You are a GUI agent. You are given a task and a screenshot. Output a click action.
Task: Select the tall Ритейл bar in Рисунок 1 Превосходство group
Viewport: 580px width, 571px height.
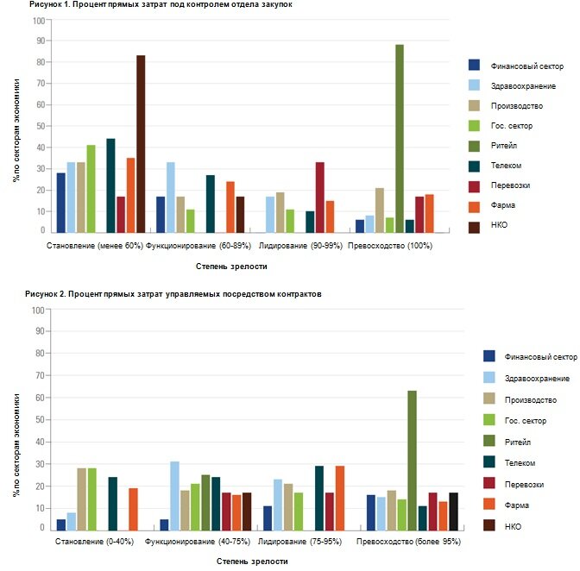[x=400, y=138]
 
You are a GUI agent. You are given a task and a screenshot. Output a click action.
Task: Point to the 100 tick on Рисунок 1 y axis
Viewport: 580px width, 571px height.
[x=38, y=18]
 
